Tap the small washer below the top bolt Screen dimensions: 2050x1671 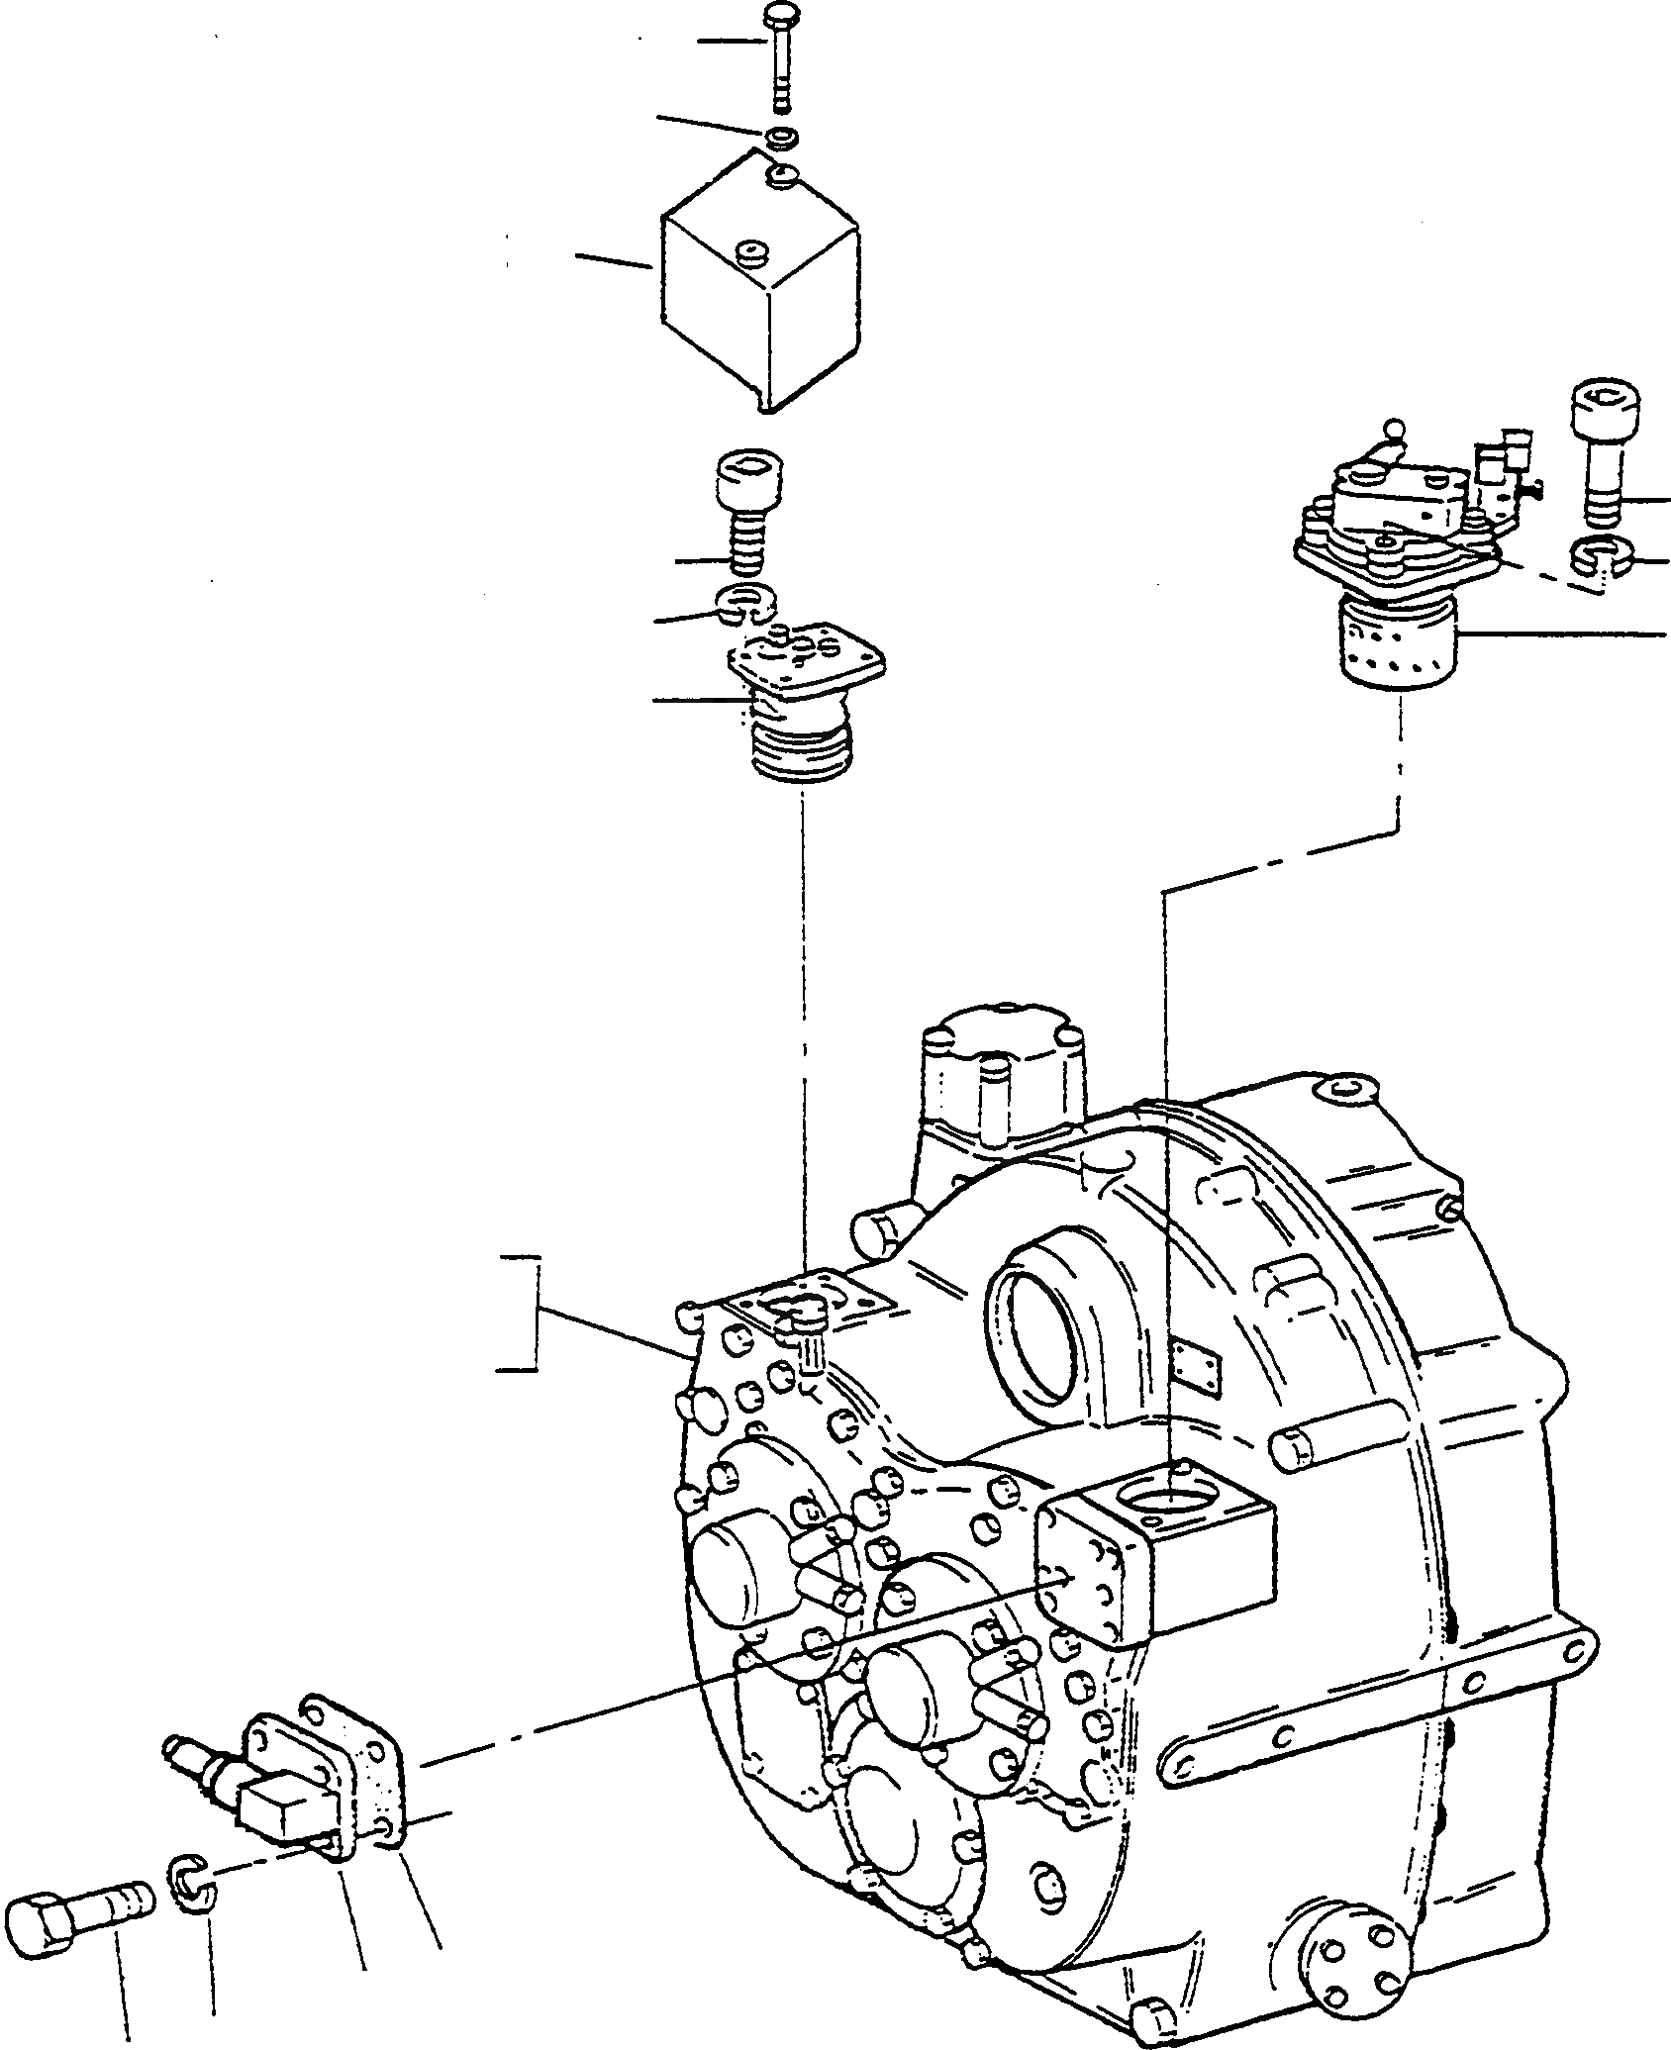779,135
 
